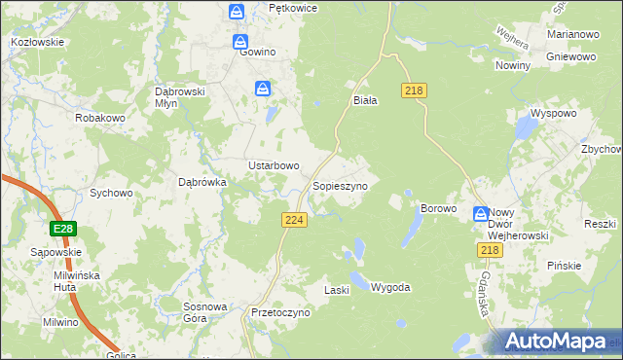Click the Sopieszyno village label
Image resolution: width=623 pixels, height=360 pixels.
340,185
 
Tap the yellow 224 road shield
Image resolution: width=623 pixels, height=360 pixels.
296,221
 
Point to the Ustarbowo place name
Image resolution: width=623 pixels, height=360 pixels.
274,165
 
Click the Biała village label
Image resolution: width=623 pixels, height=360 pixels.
365,99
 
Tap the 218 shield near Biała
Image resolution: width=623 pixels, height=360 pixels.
413,90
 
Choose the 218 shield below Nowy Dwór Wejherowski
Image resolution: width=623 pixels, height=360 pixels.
490,251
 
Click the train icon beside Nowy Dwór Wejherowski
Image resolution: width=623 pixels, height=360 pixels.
480,214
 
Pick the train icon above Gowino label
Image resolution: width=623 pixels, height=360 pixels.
237,12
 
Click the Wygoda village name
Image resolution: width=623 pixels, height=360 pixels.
391,288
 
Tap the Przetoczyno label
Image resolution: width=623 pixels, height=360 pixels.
279,313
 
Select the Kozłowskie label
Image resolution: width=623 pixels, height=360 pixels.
37,42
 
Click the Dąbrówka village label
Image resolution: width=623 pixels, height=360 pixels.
202,181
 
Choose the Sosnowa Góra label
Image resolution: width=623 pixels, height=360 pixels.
205,312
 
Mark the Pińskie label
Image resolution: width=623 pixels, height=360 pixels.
564,266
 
